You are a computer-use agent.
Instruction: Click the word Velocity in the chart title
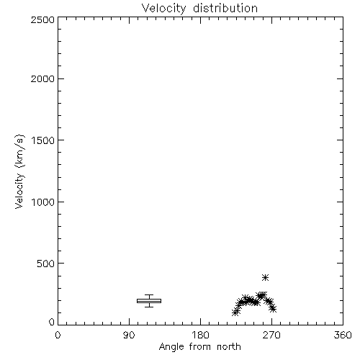[164, 9]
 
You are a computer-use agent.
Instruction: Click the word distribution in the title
[225, 8]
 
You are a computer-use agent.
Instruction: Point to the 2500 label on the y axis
[42, 19]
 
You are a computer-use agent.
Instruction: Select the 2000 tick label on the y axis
[42, 78]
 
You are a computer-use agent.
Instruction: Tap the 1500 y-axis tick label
[43, 140]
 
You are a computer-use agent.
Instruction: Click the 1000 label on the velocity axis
[43, 202]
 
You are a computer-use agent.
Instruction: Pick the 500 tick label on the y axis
[46, 264]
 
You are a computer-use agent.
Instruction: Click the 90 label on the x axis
[129, 335]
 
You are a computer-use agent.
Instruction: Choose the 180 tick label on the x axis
[200, 335]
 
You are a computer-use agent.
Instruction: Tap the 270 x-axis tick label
[271, 335]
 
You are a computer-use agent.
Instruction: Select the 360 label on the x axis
[343, 335]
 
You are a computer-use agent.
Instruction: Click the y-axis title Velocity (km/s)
[19, 171]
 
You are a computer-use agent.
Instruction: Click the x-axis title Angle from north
[200, 347]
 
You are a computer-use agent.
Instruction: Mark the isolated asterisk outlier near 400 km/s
[265, 278]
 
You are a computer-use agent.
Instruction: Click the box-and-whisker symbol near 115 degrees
[149, 301]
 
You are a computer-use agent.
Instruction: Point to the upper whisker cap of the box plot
[149, 295]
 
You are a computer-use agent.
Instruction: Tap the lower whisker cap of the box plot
[149, 307]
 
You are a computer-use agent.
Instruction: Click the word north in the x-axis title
[229, 347]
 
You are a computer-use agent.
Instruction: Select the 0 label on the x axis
[58, 335]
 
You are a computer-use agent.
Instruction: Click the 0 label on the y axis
[52, 322]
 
